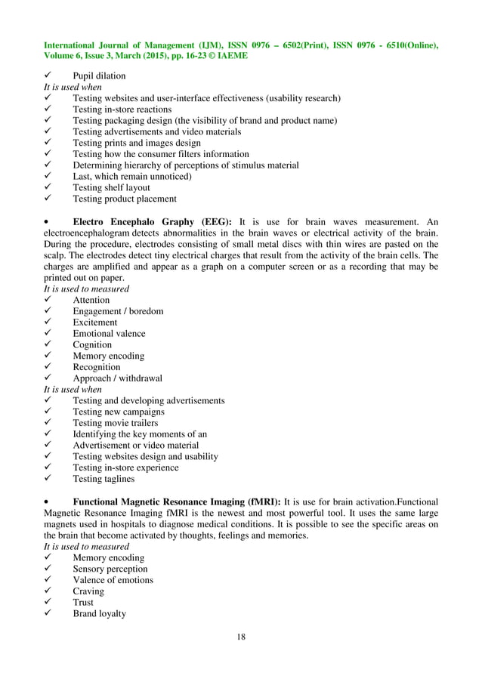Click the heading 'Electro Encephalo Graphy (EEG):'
(x=153, y=221)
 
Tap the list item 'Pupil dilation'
(x=99, y=76)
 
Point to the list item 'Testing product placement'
(x=125, y=199)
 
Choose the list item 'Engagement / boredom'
(x=118, y=311)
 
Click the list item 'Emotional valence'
(x=109, y=334)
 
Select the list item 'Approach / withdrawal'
(x=117, y=378)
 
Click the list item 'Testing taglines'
(x=104, y=479)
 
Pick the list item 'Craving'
(x=88, y=591)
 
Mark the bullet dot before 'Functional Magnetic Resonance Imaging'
(x=48, y=501)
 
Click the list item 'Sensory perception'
(x=110, y=569)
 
